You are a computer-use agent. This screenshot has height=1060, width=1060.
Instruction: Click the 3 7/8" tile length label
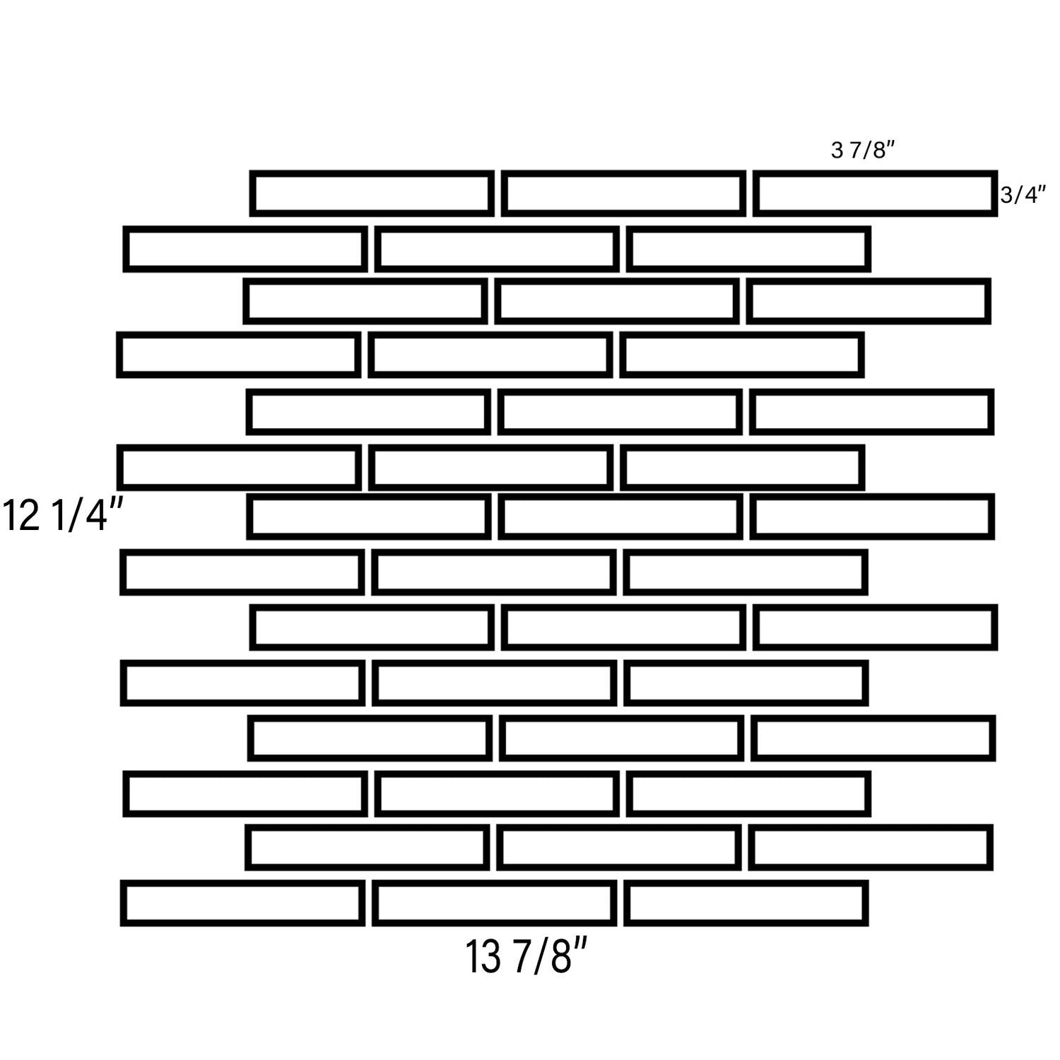tap(864, 151)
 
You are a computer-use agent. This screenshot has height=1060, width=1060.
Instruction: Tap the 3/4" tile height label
tap(1023, 195)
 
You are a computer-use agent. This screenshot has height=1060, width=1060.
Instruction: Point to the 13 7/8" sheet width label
tap(526, 957)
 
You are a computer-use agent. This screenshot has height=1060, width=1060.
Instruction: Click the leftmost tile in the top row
tap(372, 193)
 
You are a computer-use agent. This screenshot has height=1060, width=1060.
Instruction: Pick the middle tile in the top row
tap(624, 193)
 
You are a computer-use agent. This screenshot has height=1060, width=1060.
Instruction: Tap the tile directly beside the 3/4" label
tap(876, 193)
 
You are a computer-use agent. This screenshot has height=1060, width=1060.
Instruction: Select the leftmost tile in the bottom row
tap(242, 903)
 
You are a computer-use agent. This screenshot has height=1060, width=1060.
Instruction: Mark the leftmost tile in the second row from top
tap(245, 249)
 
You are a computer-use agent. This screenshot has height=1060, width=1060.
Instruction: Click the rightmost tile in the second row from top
tap(749, 249)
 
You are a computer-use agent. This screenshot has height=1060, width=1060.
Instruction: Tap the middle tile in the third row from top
tap(618, 301)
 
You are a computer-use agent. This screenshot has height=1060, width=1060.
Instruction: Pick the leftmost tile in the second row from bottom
tap(367, 847)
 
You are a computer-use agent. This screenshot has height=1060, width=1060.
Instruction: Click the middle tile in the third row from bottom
tap(497, 794)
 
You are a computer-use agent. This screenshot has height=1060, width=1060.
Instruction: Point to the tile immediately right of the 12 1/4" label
tap(369, 517)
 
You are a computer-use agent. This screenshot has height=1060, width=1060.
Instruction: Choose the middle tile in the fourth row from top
tap(490, 355)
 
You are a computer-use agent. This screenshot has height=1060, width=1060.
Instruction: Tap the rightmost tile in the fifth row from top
tap(872, 412)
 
